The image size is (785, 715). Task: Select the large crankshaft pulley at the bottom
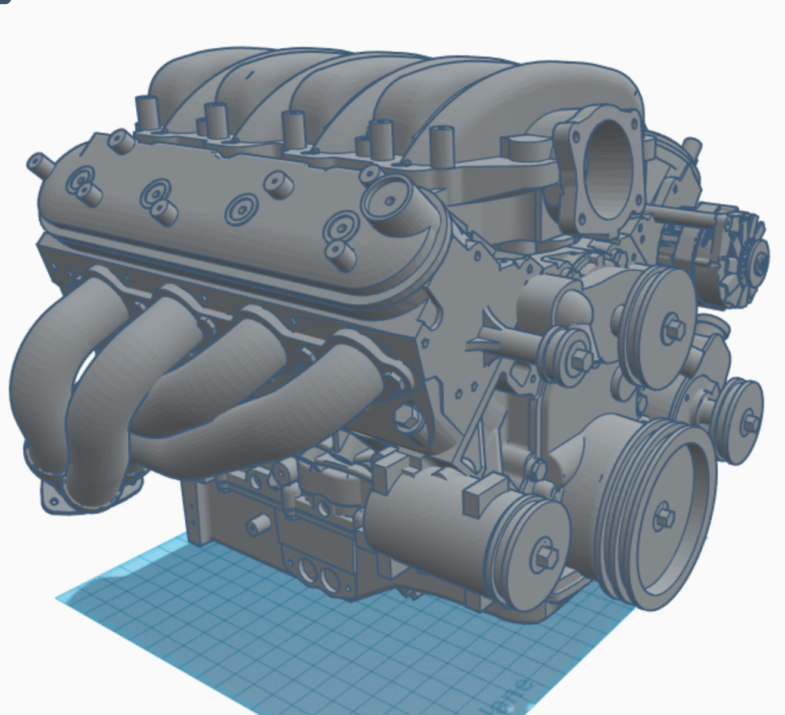click(658, 515)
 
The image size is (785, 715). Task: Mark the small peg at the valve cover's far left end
click(39, 163)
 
